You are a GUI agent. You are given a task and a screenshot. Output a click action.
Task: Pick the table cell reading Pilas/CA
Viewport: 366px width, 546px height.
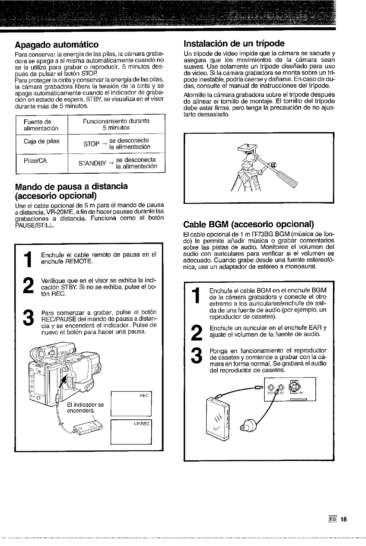(35, 161)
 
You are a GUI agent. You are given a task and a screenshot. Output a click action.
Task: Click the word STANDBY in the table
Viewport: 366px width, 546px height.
(92, 163)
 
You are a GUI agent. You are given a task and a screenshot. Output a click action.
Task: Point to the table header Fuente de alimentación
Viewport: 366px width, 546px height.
(41, 125)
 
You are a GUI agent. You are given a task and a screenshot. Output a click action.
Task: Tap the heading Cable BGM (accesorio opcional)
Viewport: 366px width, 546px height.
(248, 224)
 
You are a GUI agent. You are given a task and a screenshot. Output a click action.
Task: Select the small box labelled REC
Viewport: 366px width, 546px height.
(131, 404)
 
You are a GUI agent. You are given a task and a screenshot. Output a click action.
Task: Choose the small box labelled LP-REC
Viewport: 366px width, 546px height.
(131, 432)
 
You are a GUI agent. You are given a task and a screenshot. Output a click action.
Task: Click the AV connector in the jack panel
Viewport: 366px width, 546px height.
(294, 388)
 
